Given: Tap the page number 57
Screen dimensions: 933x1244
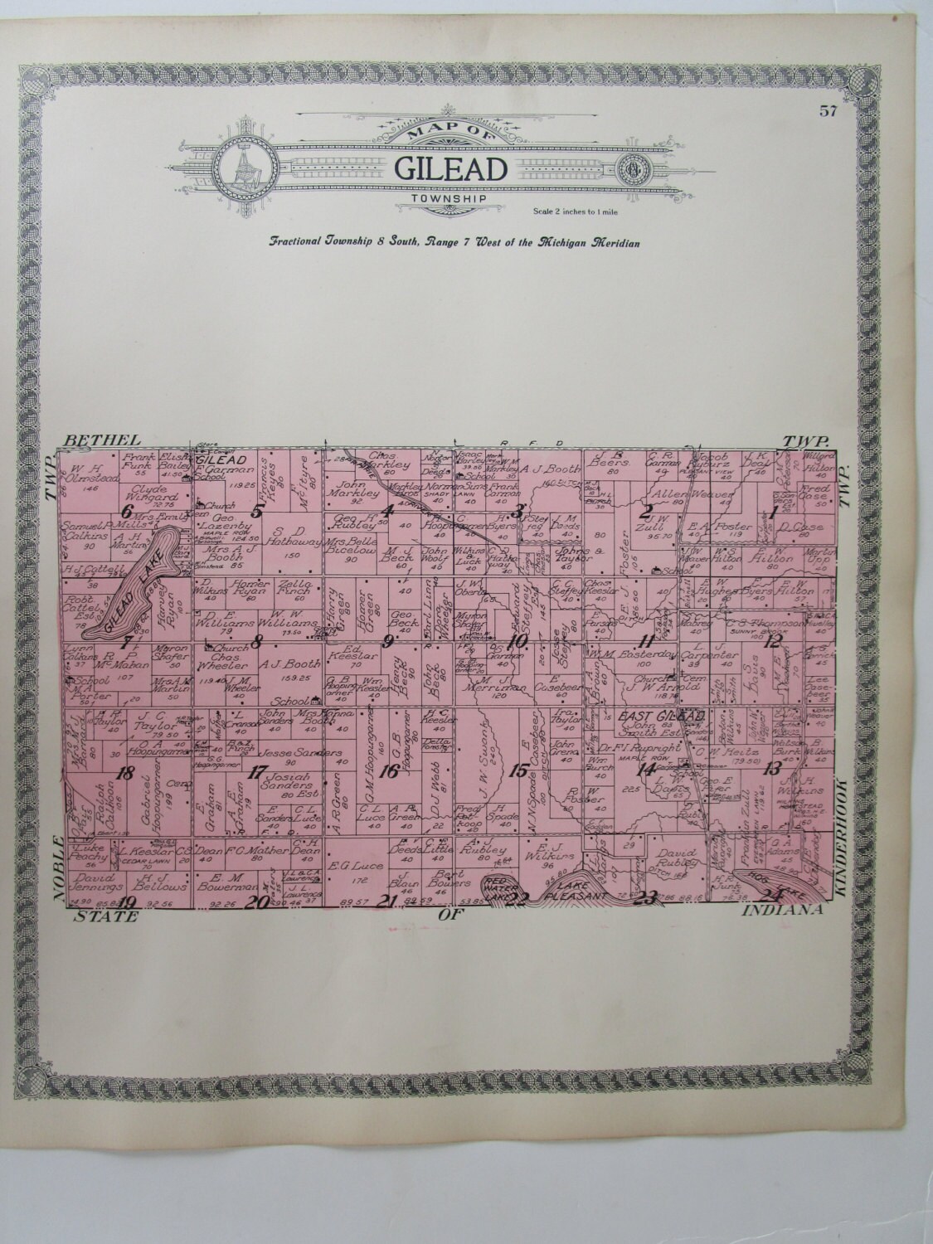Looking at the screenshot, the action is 826,114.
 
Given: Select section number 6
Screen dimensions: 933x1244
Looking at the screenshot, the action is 128,511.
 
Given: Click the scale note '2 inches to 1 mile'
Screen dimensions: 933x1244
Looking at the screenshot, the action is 569,213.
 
